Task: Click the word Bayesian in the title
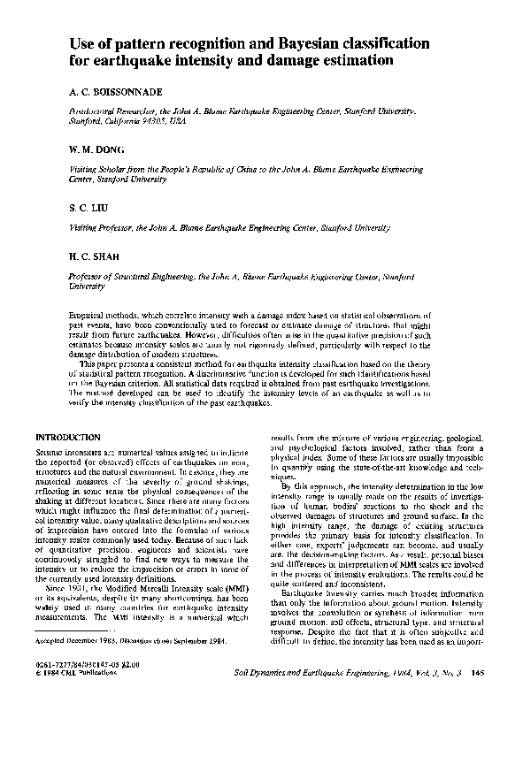296,42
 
